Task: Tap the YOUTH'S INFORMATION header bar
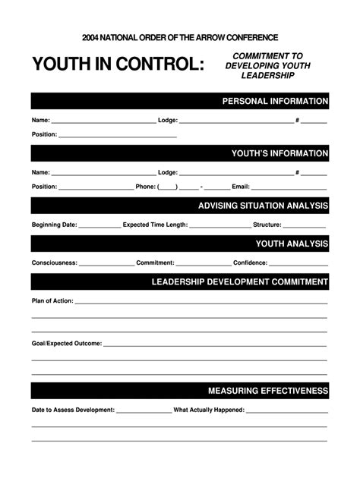point(279,153)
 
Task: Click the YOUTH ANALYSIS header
point(292,244)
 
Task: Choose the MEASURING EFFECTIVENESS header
point(268,391)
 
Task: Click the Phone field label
point(145,187)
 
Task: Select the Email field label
point(240,187)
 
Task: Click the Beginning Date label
point(54,225)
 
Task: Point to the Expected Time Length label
point(155,225)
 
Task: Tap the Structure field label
point(267,225)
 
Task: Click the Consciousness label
point(54,263)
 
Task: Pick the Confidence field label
point(250,263)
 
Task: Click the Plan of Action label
point(52,301)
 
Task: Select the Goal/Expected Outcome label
point(66,344)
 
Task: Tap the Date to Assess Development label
point(73,410)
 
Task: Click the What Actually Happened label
point(209,410)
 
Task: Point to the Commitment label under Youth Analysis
point(155,263)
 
